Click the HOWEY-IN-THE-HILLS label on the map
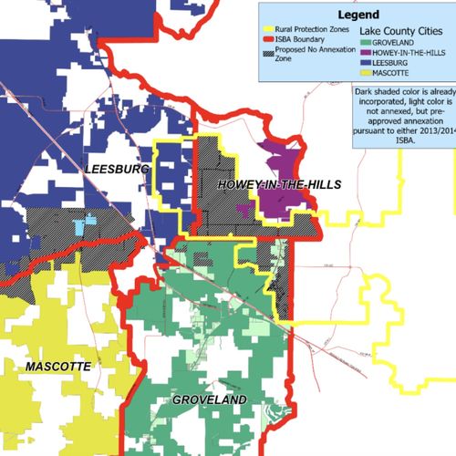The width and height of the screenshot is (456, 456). [x=278, y=185]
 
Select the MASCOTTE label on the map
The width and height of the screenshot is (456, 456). [x=57, y=366]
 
